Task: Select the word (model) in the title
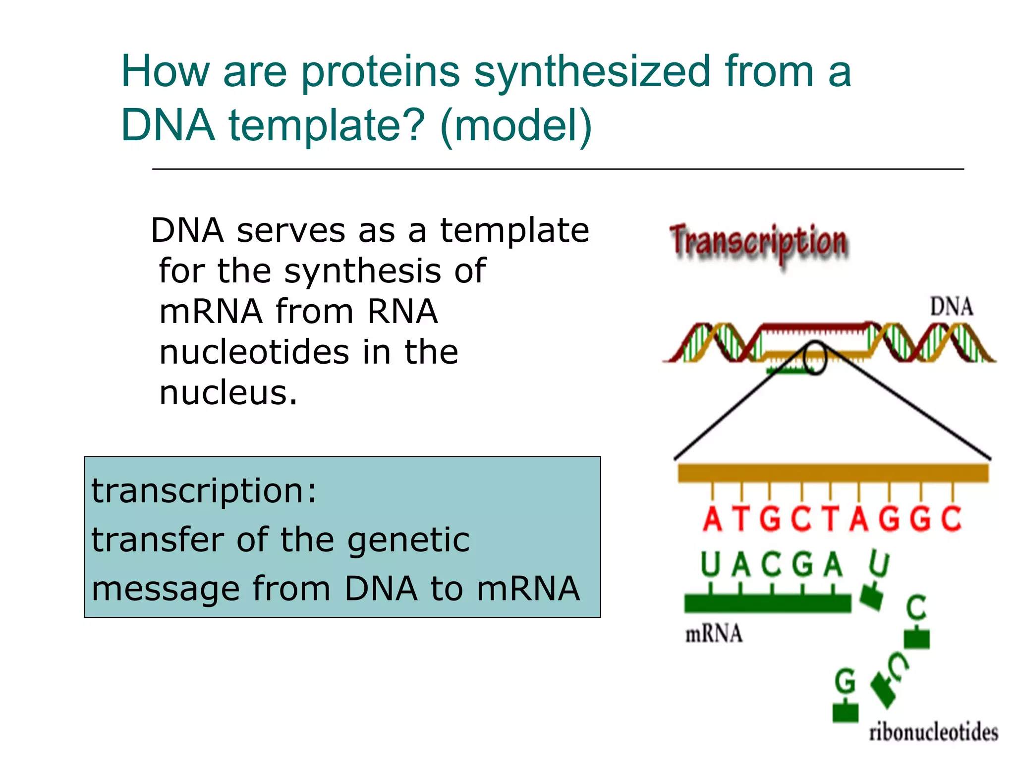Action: click(515, 126)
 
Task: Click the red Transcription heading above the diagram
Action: click(759, 243)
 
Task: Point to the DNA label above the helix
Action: click(951, 307)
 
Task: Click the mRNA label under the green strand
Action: click(714, 634)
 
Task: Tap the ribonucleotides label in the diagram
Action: click(933, 733)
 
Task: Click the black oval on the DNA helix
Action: click(815, 358)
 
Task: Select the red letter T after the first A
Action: click(741, 519)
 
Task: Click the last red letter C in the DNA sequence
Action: click(951, 519)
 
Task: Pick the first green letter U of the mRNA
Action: click(710, 565)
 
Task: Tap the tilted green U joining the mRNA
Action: click(879, 565)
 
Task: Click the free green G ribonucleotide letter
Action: click(845, 681)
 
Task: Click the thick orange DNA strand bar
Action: click(833, 473)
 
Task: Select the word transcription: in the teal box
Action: click(204, 490)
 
